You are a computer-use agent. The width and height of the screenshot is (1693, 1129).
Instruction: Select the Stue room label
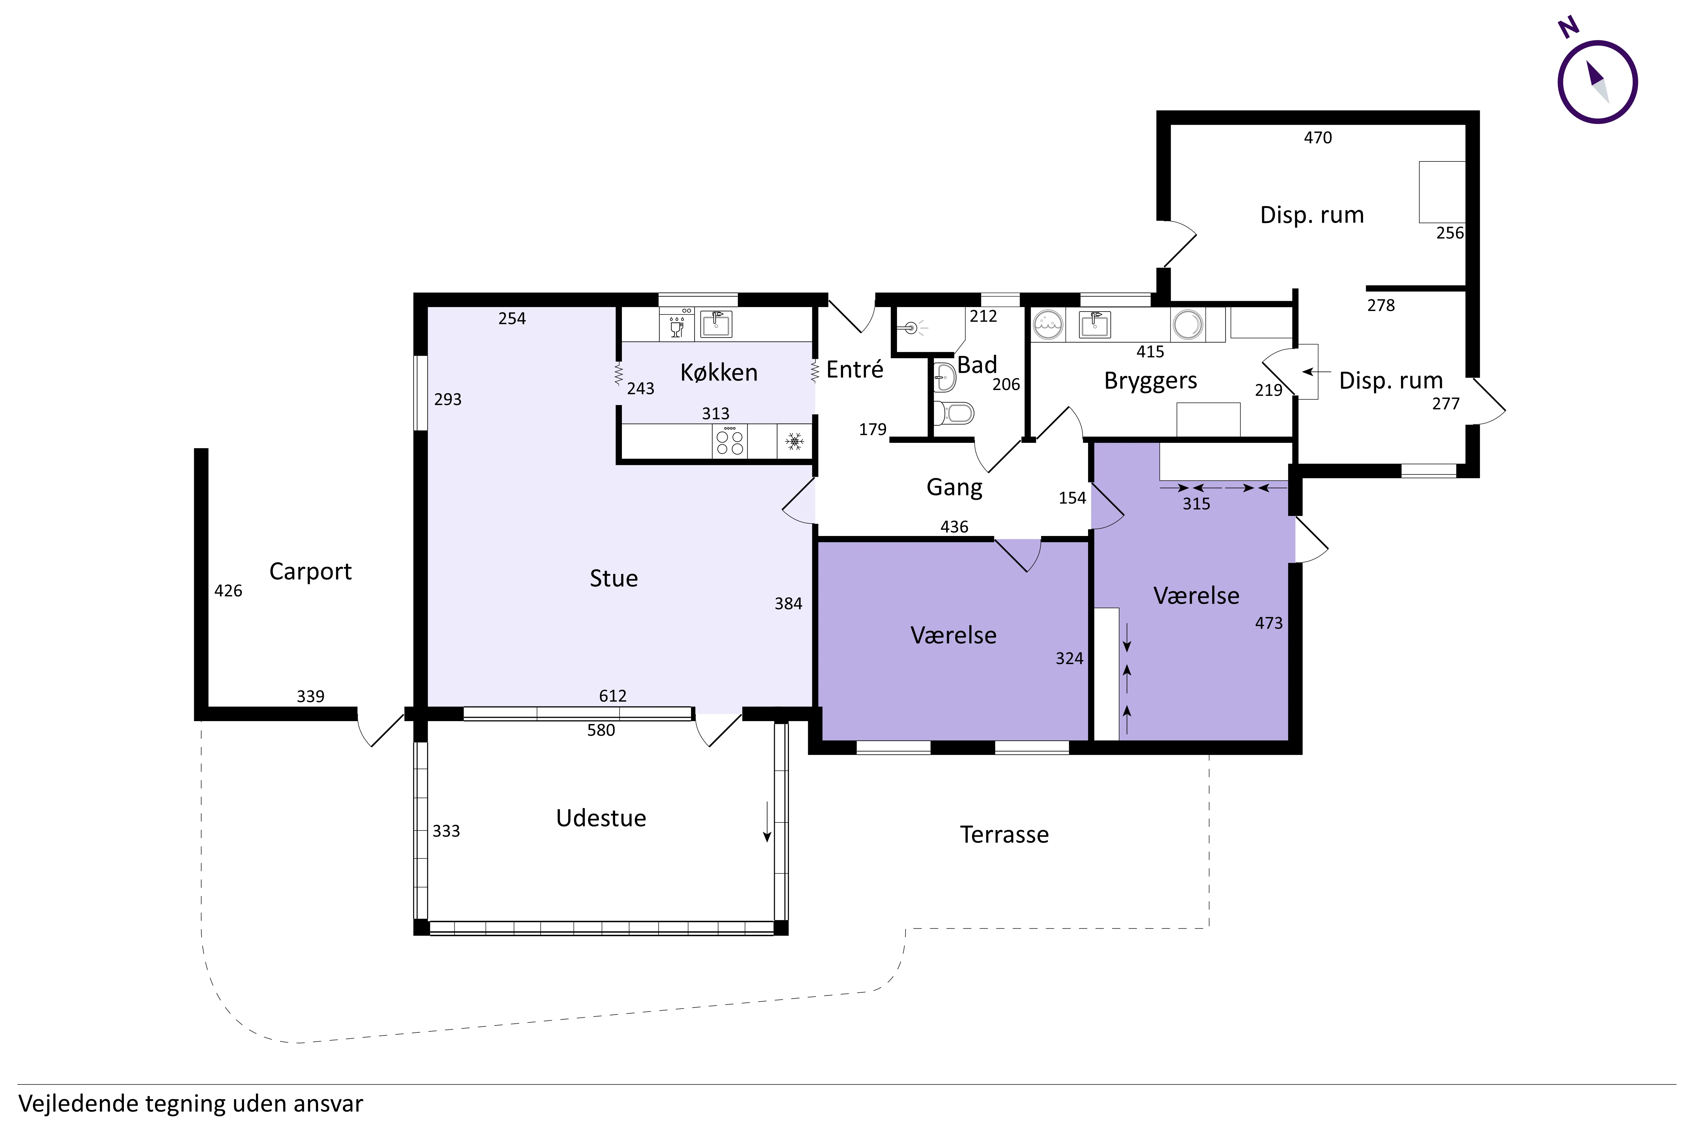tap(613, 578)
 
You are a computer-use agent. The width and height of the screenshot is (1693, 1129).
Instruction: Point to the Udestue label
tap(601, 818)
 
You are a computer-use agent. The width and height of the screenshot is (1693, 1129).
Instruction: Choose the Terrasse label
tap(1004, 835)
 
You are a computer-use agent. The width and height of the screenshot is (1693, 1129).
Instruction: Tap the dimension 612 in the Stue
tap(613, 695)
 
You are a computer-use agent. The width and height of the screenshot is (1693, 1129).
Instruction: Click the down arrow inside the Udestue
tap(767, 822)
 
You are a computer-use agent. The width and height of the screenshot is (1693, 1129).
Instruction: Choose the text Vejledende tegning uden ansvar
tap(191, 1103)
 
